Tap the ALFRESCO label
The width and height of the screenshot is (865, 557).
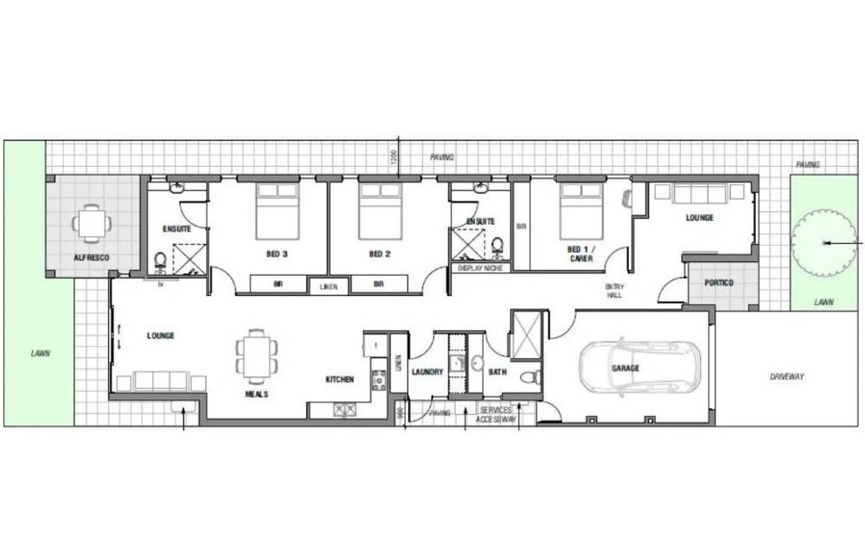pos(91,258)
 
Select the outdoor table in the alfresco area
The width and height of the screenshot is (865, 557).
pos(91,223)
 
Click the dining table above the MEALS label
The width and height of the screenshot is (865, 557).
pos(257,355)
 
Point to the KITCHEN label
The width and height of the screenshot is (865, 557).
pos(339,380)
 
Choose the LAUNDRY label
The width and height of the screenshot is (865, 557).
pos(427,372)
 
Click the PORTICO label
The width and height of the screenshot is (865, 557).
pos(719,283)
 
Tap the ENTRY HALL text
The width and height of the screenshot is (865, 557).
pos(615,291)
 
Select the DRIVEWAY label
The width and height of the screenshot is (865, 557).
pos(786,376)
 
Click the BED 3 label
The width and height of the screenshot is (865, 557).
pos(277,254)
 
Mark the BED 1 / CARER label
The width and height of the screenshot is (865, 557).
pos(580,253)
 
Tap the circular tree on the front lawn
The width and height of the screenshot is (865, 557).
pos(823,243)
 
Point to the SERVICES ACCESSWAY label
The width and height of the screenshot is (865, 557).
pos(496,415)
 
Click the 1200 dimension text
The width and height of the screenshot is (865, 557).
pos(394,158)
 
